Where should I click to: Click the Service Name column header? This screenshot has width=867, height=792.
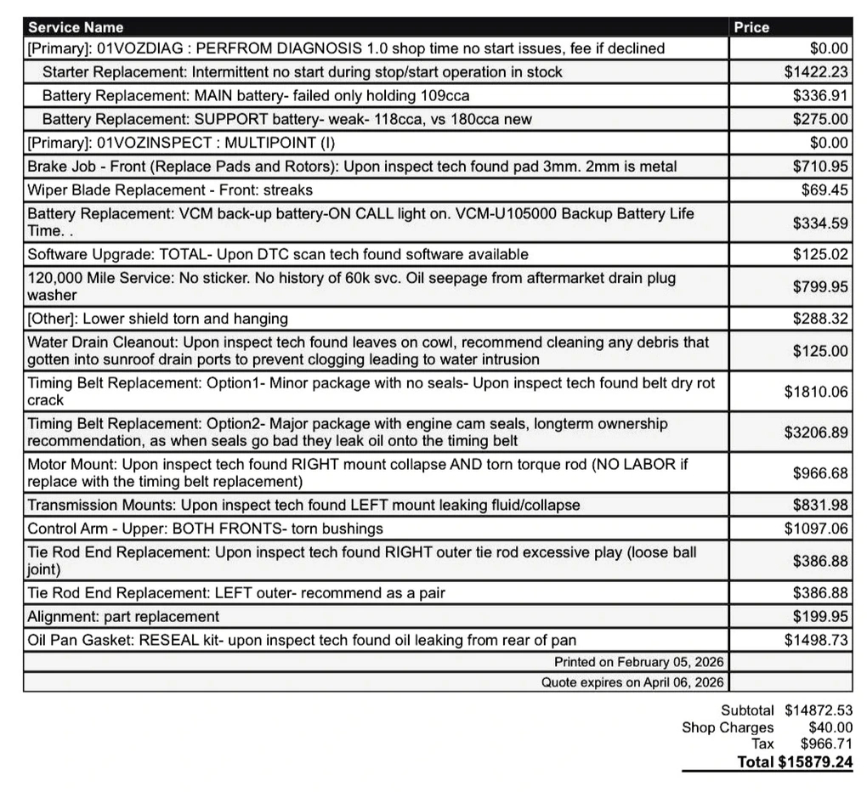point(76,27)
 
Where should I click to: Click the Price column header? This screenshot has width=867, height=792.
point(751,27)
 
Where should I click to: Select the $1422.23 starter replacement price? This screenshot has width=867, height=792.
point(816,72)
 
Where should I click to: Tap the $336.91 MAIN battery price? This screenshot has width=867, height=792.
point(820,96)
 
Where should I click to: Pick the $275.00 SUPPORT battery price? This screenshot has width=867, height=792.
point(820,120)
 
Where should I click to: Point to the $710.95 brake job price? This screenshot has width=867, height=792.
point(820,167)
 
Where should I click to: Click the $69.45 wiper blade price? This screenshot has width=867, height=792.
point(824,190)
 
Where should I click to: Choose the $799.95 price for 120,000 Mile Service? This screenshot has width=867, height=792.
point(820,287)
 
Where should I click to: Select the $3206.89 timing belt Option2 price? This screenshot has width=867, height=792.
point(816,432)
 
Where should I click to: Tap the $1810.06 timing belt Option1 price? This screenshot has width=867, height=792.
point(816,392)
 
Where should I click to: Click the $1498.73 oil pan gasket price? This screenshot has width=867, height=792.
point(816,640)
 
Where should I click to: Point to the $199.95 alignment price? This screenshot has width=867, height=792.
point(820,616)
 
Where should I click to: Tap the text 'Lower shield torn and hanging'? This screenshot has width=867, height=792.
point(196,319)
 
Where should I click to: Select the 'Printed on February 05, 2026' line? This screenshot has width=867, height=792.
point(638,661)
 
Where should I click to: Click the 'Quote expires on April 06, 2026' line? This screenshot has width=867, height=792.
point(632,682)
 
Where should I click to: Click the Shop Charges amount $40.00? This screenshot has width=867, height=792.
point(830,727)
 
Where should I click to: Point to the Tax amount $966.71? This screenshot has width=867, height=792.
point(826,744)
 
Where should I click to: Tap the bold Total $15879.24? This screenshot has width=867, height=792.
point(795,761)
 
